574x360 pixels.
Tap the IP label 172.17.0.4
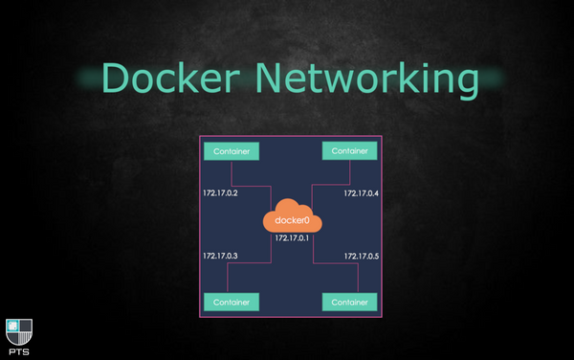pyautogui.click(x=362, y=193)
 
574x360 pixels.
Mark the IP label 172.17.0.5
pyautogui.click(x=362, y=256)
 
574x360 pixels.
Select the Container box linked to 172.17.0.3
pyautogui.click(x=232, y=303)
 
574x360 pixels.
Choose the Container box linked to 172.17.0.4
pyautogui.click(x=350, y=151)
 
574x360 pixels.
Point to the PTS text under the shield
pyautogui.click(x=18, y=351)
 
